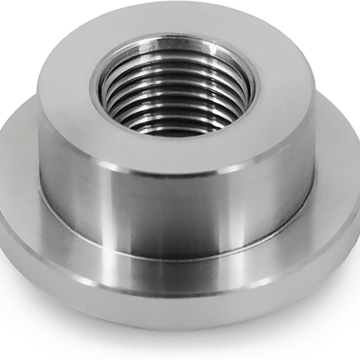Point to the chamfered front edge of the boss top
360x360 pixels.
coord(176,170)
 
